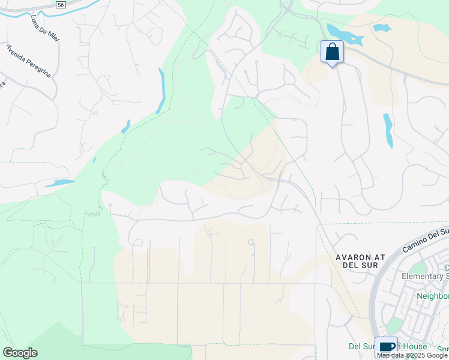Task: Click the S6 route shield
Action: point(60,5)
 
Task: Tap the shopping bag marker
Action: point(332,52)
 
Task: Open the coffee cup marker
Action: point(386,347)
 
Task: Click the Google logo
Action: point(20,353)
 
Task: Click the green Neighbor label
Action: point(433,296)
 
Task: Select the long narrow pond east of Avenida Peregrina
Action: point(161,89)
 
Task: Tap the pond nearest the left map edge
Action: point(59,183)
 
